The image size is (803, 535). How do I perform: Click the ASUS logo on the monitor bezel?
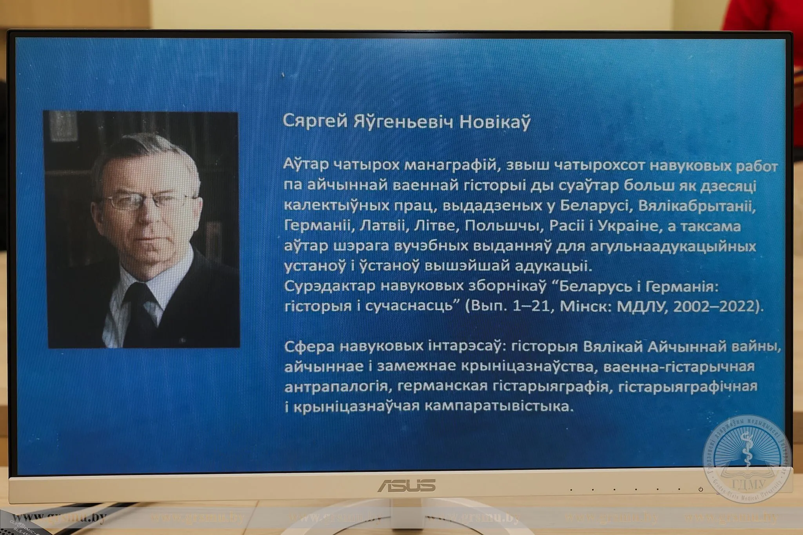(406, 486)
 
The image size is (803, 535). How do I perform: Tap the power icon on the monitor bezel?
(700, 489)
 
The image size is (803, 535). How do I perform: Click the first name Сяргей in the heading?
(315, 122)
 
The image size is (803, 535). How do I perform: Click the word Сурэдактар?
(330, 287)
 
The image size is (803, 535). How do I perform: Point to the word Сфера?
(309, 346)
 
